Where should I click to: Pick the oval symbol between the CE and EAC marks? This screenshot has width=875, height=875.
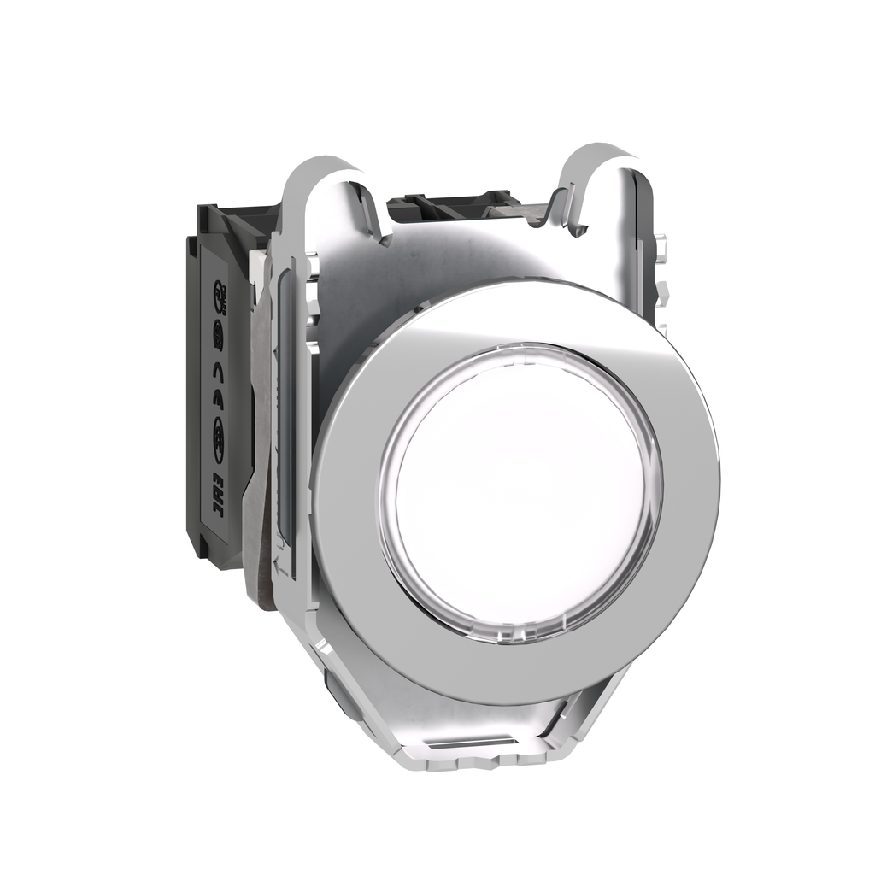[x=219, y=422]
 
